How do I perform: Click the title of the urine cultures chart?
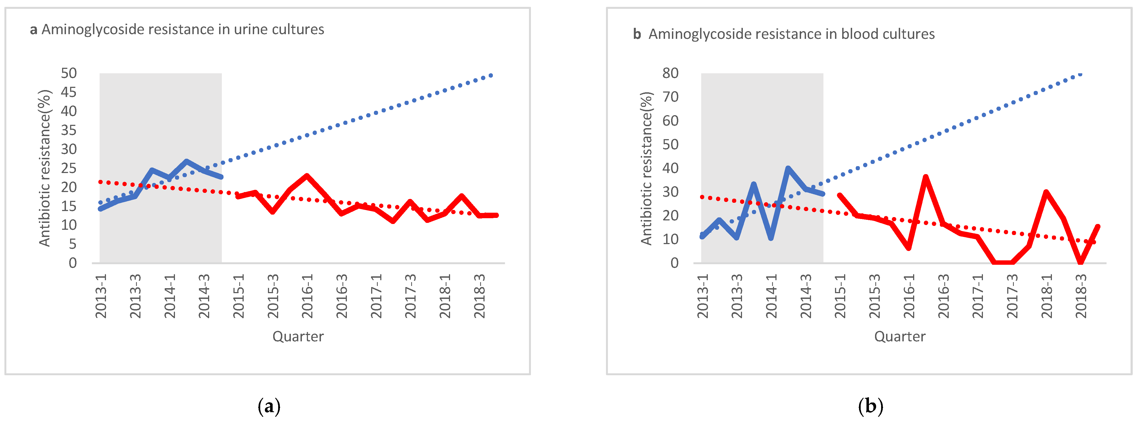click(177, 29)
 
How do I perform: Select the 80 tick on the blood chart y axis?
click(670, 73)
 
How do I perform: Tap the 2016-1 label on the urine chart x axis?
click(307, 296)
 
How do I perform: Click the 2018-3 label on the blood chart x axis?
click(1081, 296)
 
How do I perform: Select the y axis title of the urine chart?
click(45, 168)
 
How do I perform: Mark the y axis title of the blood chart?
click(646, 168)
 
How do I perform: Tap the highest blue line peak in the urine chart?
click(187, 161)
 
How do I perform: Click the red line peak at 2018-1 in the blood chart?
click(1046, 192)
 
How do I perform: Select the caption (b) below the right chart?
click(870, 406)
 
